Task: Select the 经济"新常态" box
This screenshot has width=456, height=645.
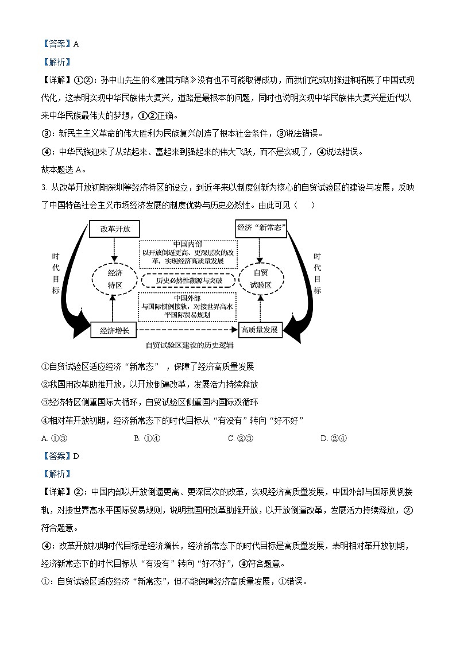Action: click(262, 227)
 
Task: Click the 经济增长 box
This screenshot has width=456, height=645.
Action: click(114, 330)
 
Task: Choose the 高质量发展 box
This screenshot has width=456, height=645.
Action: click(260, 330)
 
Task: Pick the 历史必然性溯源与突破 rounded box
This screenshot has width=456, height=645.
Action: click(188, 281)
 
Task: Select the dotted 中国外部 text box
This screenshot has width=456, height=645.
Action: click(188, 307)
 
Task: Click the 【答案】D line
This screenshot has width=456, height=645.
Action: click(60, 456)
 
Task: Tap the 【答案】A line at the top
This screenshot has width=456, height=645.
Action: click(60, 44)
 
